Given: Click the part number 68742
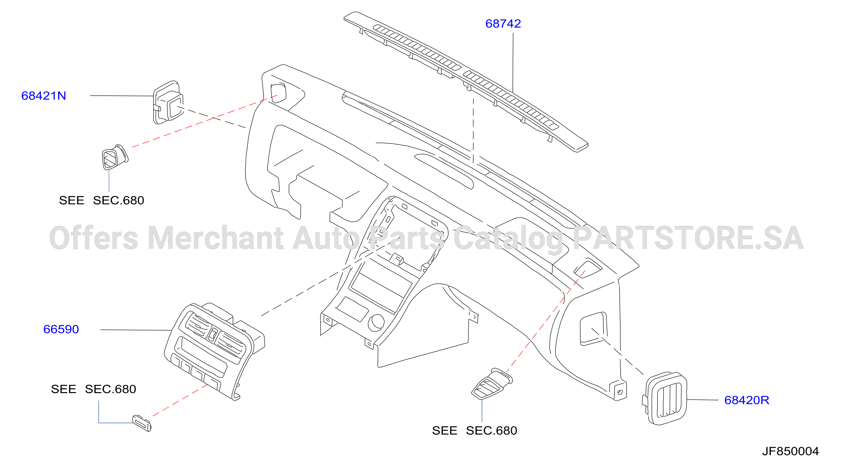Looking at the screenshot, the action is click(x=503, y=24).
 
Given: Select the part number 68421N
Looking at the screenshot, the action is click(x=44, y=96).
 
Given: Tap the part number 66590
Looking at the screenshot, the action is click(x=61, y=329).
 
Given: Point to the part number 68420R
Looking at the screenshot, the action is click(x=746, y=400).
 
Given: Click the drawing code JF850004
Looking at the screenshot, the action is click(x=791, y=451).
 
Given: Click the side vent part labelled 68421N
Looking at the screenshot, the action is click(x=168, y=102).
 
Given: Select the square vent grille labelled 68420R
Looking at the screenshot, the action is click(x=665, y=399).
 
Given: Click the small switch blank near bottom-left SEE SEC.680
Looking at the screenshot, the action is click(x=142, y=423).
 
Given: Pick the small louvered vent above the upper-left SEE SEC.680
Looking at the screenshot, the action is click(x=114, y=157).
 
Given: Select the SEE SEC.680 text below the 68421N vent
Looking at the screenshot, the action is click(x=101, y=200).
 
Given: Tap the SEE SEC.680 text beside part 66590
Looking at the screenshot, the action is click(x=94, y=389).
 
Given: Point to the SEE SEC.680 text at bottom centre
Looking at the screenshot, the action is click(x=475, y=431).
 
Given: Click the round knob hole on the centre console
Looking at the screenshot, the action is click(x=376, y=323).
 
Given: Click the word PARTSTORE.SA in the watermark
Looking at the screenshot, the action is click(x=688, y=238).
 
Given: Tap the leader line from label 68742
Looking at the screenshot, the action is click(x=513, y=62).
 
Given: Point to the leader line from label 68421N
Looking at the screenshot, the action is click(x=122, y=96).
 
